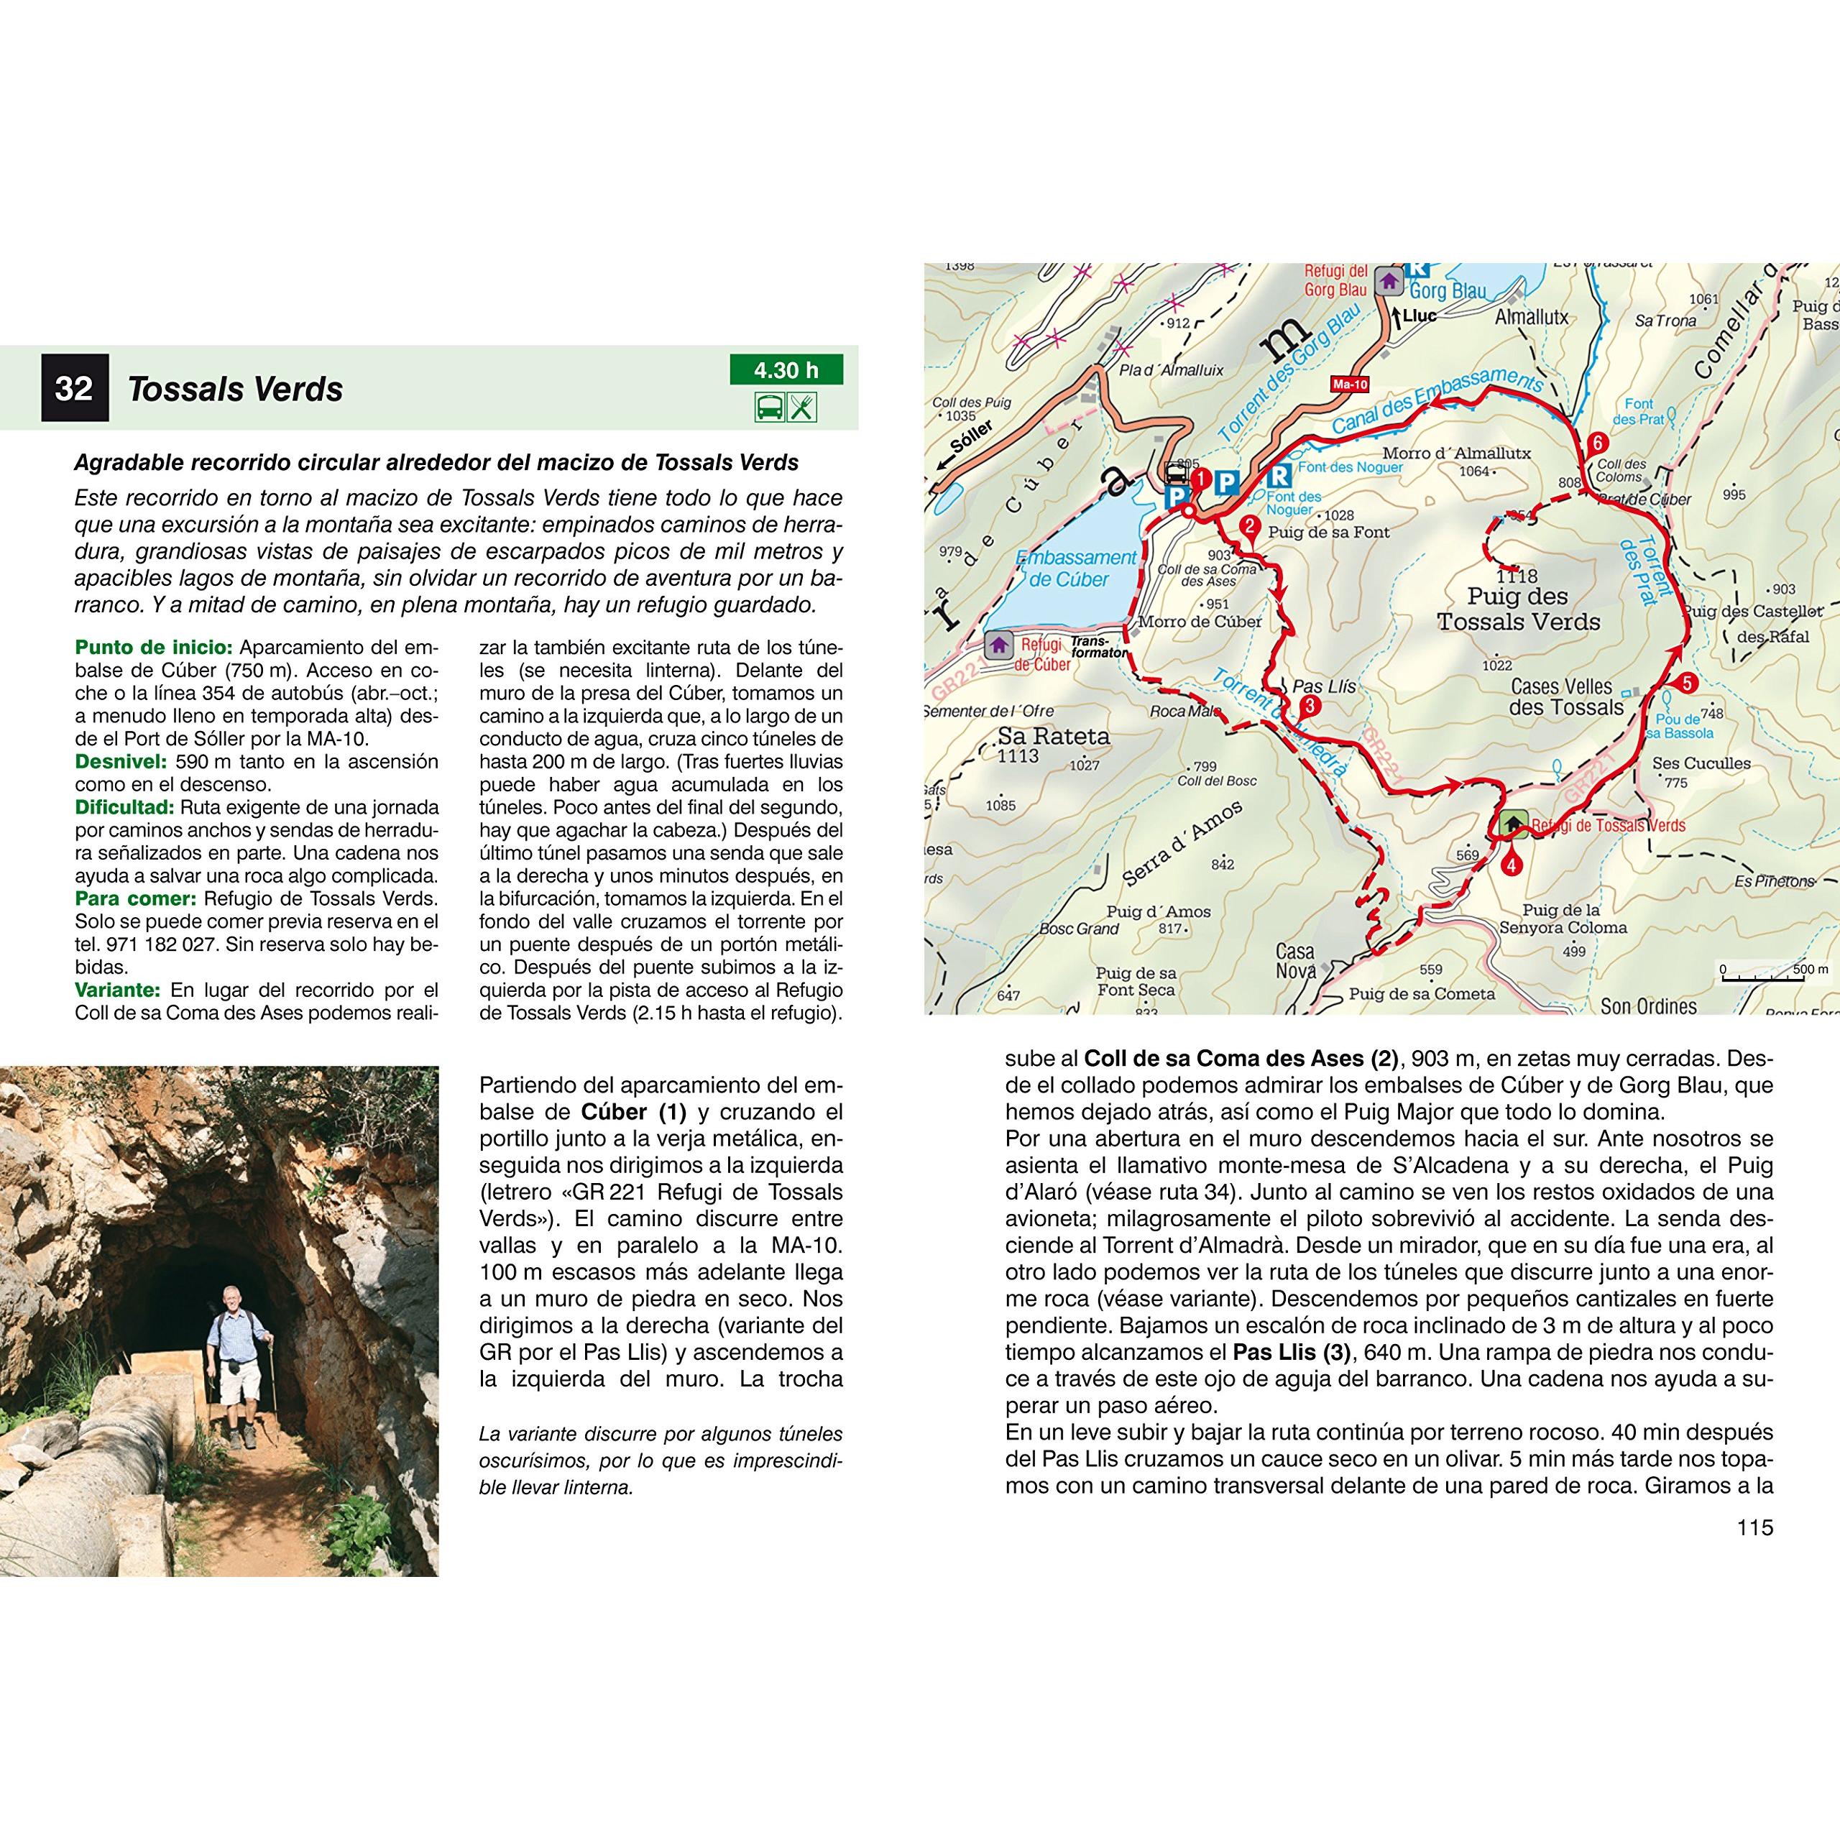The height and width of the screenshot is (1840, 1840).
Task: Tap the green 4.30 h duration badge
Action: point(786,369)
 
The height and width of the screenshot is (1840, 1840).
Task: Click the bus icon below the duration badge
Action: point(770,408)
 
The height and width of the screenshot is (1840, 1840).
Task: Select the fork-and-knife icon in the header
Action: point(803,408)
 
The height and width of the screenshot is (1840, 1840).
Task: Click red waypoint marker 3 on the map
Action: point(1310,706)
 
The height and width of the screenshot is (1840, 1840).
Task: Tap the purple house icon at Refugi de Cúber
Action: point(998,645)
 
